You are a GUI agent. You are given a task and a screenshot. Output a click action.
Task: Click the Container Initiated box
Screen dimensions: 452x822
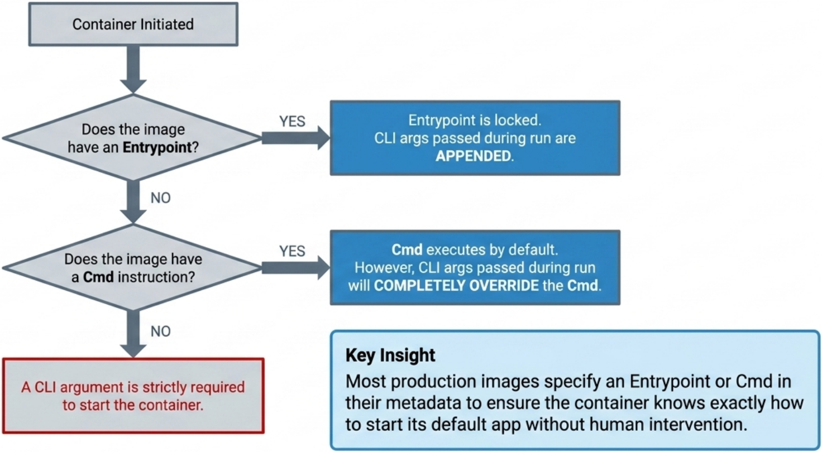[x=133, y=24]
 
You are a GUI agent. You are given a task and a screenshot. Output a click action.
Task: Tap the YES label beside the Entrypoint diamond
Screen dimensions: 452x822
[x=292, y=122]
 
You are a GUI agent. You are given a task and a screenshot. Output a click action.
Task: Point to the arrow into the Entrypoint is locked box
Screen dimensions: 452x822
[x=296, y=138]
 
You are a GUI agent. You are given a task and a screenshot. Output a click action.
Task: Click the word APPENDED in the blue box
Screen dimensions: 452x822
[x=474, y=155]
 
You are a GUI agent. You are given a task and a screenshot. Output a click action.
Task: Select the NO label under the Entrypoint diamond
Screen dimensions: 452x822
[x=160, y=198]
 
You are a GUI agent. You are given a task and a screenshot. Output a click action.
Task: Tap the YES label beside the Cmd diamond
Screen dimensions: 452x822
[x=292, y=252]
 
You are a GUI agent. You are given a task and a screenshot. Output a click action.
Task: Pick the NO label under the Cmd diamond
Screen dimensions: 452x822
[x=160, y=331]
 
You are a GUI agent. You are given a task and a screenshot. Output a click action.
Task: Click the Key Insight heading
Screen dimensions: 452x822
[x=390, y=355]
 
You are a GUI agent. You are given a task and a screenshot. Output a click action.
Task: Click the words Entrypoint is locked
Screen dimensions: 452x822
[x=475, y=121]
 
